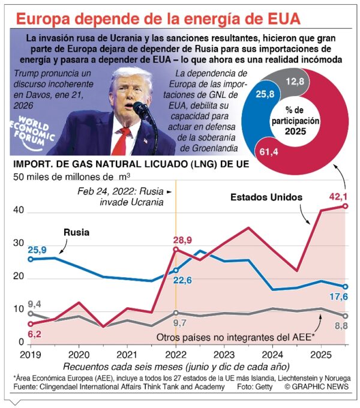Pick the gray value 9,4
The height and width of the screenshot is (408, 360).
(34, 304)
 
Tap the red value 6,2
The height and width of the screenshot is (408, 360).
(35, 332)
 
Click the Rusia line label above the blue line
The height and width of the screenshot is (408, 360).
(77, 232)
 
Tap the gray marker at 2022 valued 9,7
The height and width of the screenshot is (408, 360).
(176, 313)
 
